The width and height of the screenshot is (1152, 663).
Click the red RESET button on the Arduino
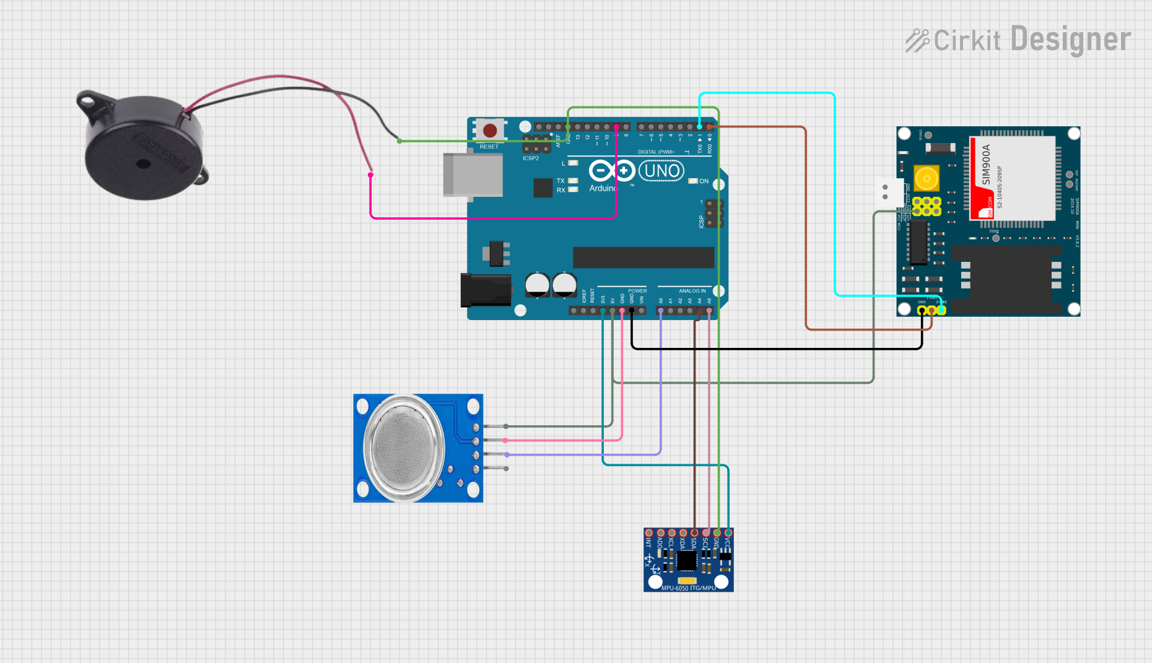point(489,131)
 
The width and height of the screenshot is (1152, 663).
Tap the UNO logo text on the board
point(661,171)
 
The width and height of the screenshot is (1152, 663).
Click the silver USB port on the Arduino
point(473,175)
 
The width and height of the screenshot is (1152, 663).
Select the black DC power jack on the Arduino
point(486,290)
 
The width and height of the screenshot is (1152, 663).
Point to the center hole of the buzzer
point(143,164)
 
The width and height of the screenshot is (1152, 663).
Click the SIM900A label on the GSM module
point(986,165)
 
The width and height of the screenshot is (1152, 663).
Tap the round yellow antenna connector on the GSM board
point(927,179)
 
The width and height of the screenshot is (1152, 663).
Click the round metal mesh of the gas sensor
point(404,448)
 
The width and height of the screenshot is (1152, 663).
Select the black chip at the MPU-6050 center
point(686,561)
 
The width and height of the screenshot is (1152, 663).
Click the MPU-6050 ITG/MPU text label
point(688,588)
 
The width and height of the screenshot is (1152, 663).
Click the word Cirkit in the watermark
point(967,41)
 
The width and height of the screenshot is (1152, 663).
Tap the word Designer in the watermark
point(1071,40)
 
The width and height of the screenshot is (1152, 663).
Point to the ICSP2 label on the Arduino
point(531,158)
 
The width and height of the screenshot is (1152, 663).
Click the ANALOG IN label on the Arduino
point(692,291)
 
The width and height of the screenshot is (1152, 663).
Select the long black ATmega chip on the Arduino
point(644,258)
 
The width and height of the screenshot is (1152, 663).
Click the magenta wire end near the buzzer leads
point(370,175)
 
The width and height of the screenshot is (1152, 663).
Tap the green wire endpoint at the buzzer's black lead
point(399,141)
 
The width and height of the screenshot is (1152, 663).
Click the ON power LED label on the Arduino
point(704,181)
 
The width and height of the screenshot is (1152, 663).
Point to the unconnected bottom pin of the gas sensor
point(506,469)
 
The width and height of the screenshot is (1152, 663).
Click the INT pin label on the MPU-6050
point(648,543)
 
